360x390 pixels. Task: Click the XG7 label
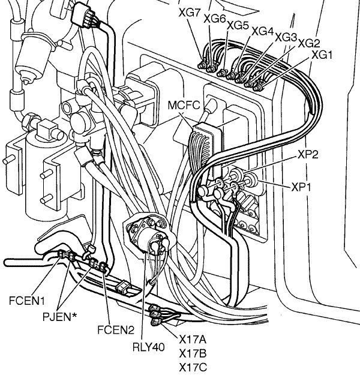(x=190, y=13)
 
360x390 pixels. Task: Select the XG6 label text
(x=215, y=19)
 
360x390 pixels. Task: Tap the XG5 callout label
(x=238, y=25)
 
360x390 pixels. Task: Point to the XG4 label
(x=262, y=31)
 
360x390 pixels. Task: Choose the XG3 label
(x=286, y=37)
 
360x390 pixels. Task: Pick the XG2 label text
(x=309, y=43)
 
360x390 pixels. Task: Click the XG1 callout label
(x=322, y=55)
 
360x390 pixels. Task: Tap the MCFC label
(x=184, y=105)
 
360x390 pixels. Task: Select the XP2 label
(x=308, y=155)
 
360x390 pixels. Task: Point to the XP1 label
(x=301, y=187)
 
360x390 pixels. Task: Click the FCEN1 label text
(x=27, y=301)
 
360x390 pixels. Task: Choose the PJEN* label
(x=60, y=317)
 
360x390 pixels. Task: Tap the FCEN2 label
(x=116, y=330)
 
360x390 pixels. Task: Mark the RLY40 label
(x=149, y=347)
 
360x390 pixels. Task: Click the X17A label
(x=193, y=339)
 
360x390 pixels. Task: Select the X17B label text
(x=193, y=353)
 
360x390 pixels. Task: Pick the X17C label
(x=193, y=367)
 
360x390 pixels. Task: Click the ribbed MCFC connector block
(x=205, y=149)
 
